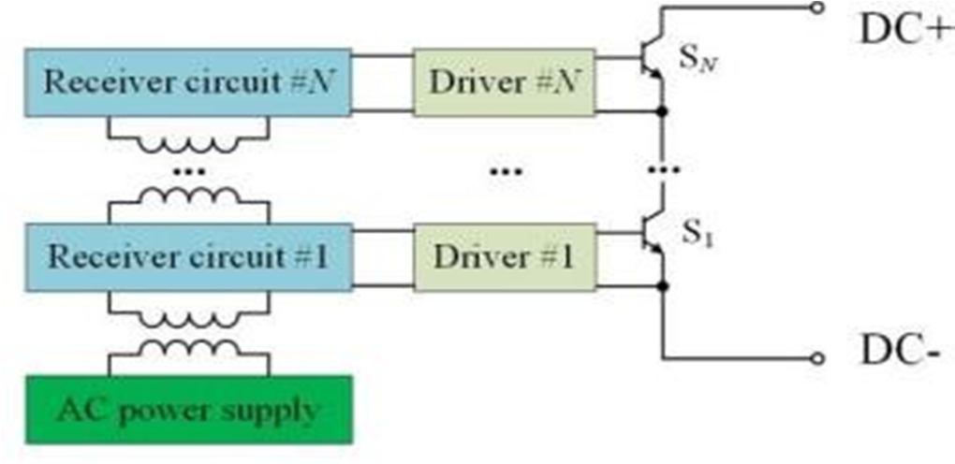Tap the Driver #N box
click(x=504, y=82)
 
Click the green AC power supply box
click(x=188, y=409)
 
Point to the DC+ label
click(x=904, y=28)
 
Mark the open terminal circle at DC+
click(x=818, y=8)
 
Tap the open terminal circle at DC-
click(x=818, y=358)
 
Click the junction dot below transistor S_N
click(x=663, y=112)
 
